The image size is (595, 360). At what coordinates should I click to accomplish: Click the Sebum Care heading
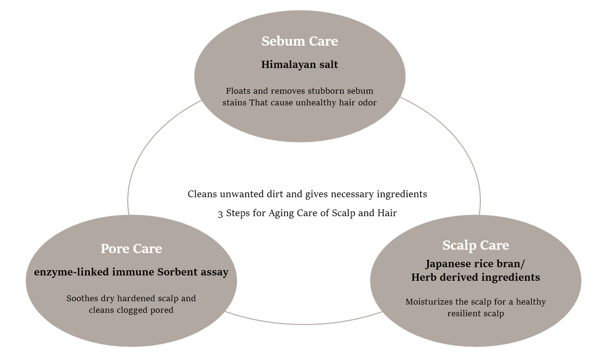click(x=300, y=41)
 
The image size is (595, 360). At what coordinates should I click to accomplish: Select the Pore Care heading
click(x=131, y=249)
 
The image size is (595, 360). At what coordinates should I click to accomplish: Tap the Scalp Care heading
click(x=476, y=245)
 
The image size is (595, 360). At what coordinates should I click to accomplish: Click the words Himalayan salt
click(x=300, y=65)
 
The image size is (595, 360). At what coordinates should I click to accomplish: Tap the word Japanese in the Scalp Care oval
click(x=449, y=264)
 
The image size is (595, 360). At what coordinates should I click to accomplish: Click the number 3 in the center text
click(x=221, y=213)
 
